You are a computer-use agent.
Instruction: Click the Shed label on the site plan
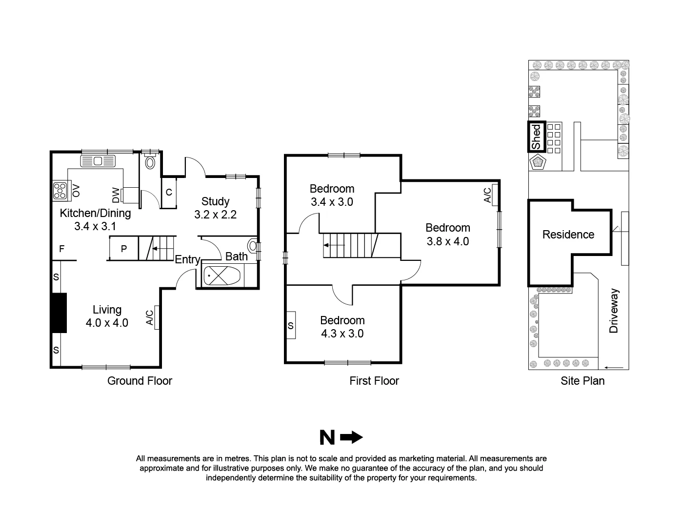(536, 137)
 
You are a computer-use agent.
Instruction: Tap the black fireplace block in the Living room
(59, 313)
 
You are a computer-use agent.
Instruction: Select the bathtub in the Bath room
(221, 276)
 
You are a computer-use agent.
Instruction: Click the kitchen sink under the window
(97, 161)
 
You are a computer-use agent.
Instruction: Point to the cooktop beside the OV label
(60, 190)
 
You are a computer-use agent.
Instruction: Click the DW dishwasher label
(116, 196)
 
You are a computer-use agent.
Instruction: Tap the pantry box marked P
(123, 249)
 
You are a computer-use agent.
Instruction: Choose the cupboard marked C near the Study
(169, 192)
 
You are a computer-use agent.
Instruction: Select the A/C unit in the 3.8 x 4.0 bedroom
(495, 195)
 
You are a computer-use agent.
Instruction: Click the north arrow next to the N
(351, 438)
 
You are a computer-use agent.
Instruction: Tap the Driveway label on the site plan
(614, 311)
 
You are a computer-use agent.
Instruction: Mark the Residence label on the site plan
(568, 235)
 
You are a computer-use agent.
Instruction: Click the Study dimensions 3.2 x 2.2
(215, 215)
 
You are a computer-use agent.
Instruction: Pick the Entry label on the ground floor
(187, 259)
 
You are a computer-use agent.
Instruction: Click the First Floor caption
(374, 381)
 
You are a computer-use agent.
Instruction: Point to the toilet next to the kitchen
(150, 162)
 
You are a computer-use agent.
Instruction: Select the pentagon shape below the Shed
(539, 162)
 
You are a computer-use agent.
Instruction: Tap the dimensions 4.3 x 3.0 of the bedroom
(342, 334)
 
